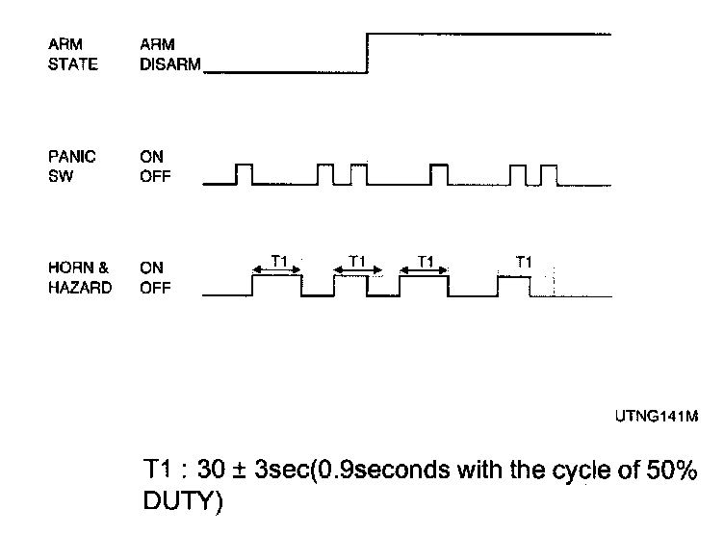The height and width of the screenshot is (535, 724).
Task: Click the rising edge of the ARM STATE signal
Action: [x=368, y=53]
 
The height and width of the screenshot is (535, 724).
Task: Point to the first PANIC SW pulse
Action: [x=245, y=173]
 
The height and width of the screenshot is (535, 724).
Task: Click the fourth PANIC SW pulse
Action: [x=439, y=173]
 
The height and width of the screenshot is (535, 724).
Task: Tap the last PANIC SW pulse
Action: [x=550, y=173]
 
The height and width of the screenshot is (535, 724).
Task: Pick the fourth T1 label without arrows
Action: [x=524, y=260]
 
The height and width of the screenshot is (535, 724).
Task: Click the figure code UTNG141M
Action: [x=655, y=416]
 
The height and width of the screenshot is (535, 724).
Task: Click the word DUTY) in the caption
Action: [x=182, y=502]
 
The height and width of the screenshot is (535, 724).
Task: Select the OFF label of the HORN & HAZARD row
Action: [x=154, y=287]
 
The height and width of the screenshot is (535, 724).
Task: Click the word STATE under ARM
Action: [x=72, y=65]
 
